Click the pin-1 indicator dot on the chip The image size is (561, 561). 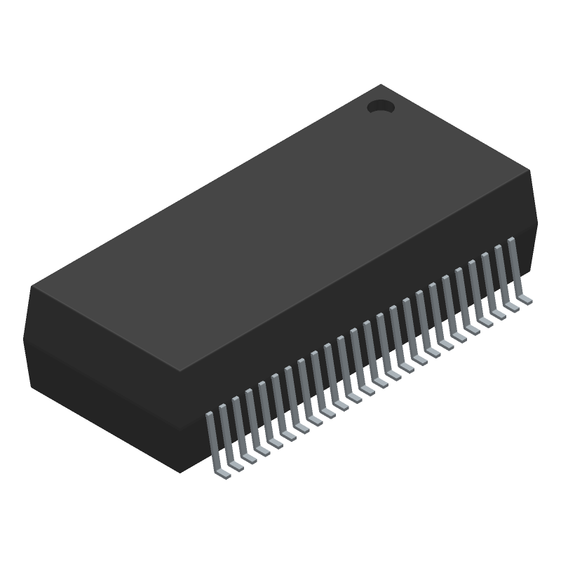(x=381, y=107)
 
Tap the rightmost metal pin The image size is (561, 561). (x=515, y=269)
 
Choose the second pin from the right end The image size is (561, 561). (x=503, y=277)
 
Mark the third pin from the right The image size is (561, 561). (x=489, y=285)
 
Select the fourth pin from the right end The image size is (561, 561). (x=477, y=292)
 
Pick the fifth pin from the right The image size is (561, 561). (x=464, y=300)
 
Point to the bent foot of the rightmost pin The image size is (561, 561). (x=526, y=300)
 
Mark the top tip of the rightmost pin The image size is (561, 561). (x=511, y=241)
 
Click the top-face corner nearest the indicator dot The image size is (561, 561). (x=381, y=85)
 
